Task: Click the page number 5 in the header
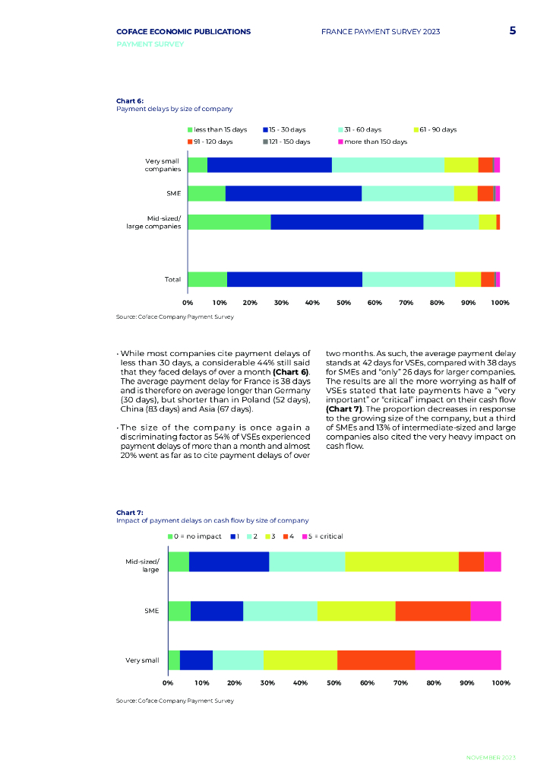click(x=513, y=31)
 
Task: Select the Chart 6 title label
click(x=130, y=100)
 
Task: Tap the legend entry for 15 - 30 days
click(x=287, y=130)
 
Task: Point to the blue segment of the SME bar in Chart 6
click(x=293, y=193)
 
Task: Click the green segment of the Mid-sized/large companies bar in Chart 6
click(x=229, y=221)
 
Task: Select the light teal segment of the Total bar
click(x=408, y=279)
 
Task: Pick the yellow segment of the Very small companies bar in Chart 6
click(x=461, y=165)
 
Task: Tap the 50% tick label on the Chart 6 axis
click(x=343, y=303)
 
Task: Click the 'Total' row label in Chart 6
click(x=172, y=279)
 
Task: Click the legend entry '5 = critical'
click(x=322, y=536)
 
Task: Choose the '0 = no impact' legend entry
click(x=195, y=536)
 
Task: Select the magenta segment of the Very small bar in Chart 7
click(x=457, y=660)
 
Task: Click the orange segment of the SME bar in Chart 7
click(x=432, y=611)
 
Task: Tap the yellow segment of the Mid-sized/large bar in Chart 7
click(x=401, y=561)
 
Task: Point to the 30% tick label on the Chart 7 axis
click(x=267, y=683)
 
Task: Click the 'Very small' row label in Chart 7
click(x=142, y=660)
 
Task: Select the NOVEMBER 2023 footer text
click(x=490, y=758)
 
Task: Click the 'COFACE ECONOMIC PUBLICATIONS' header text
click(x=183, y=32)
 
